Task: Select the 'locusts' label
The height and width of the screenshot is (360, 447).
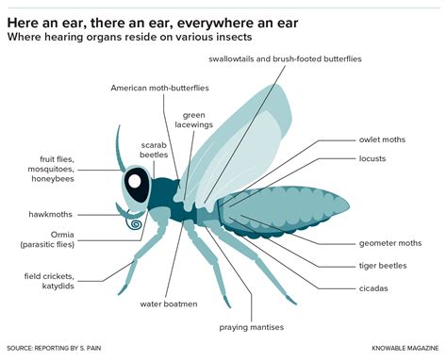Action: pyautogui.click(x=372, y=158)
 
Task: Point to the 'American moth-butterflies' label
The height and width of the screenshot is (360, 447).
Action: pyautogui.click(x=159, y=88)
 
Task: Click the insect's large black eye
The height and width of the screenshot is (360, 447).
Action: pyautogui.click(x=138, y=186)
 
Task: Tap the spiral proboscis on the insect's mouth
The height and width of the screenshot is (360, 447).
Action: pyautogui.click(x=135, y=226)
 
